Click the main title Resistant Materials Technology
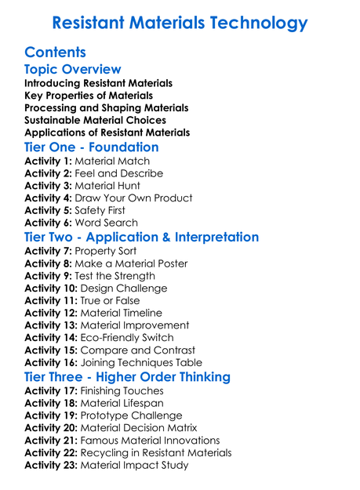(180, 23)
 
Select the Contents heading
(55, 53)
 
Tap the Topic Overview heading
(73, 70)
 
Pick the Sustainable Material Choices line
(95, 120)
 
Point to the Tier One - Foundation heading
(92, 147)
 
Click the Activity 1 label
(48, 161)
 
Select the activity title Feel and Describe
(119, 173)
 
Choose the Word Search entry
(106, 223)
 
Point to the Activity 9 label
(48, 276)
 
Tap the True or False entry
(112, 300)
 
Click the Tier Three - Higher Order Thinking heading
(128, 376)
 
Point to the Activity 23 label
(51, 465)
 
